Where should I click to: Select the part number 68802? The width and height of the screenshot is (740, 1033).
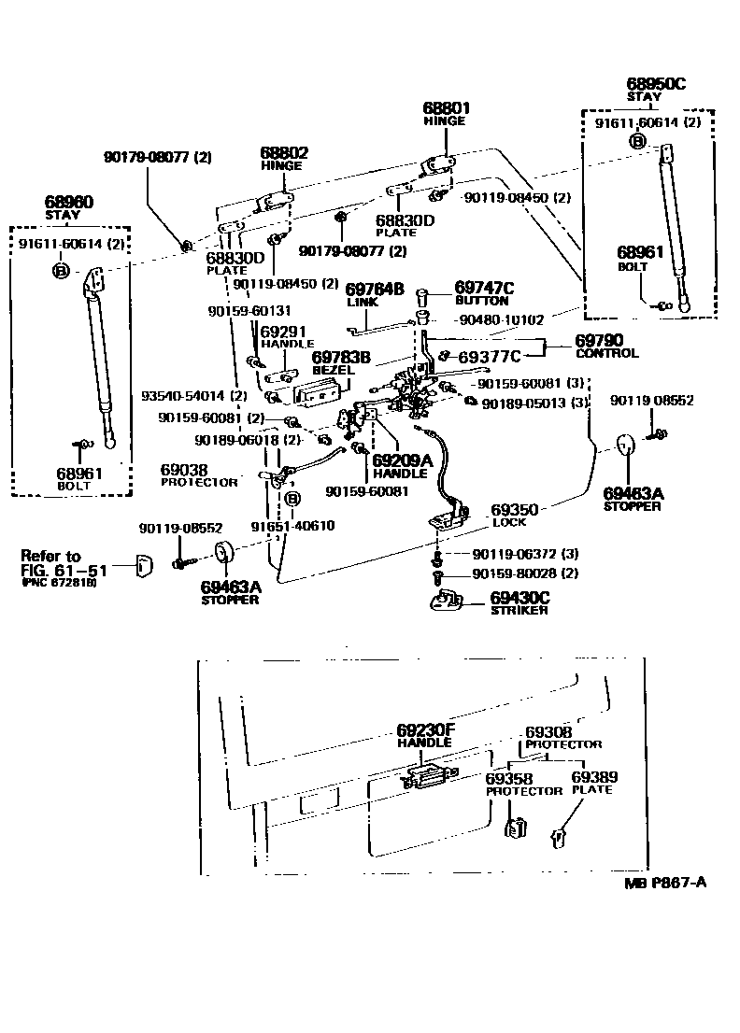coord(284,153)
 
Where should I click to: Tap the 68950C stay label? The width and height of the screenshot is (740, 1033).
coord(655,84)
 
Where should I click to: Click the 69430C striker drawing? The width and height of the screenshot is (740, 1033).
coord(450,601)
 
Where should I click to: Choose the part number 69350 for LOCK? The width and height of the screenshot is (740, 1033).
coord(514,510)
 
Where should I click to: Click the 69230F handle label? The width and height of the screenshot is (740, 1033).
coord(424,729)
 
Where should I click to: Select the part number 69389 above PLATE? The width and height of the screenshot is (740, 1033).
coord(594,777)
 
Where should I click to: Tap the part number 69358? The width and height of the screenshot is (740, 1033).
coord(509,777)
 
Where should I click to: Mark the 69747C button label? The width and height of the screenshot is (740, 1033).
coord(484,288)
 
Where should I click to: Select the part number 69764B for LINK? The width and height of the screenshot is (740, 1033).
coord(375,290)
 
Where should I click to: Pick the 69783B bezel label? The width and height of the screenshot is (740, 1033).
coord(341,357)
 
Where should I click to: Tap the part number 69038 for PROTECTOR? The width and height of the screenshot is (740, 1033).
coord(183,470)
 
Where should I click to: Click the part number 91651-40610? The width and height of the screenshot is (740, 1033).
coord(292,526)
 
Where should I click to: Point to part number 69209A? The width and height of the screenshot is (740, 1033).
coord(403,460)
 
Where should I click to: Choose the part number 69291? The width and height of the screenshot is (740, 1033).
coord(282,331)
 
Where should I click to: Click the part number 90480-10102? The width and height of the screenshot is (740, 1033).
coord(503,318)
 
